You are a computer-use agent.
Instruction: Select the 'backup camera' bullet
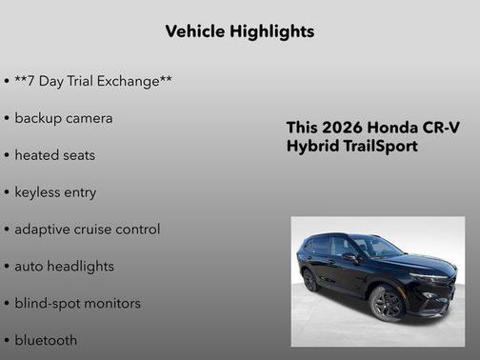tap(63, 118)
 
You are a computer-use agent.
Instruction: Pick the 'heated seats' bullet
tap(55, 154)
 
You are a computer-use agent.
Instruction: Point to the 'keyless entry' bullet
tap(55, 191)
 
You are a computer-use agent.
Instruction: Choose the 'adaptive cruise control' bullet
tap(87, 229)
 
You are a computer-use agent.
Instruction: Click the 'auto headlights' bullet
tap(64, 266)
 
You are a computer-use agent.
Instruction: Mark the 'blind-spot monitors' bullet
tap(77, 303)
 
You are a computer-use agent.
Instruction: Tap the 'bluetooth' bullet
tap(46, 339)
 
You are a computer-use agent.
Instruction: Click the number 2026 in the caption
tap(342, 128)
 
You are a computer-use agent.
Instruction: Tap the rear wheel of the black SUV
tap(310, 280)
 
